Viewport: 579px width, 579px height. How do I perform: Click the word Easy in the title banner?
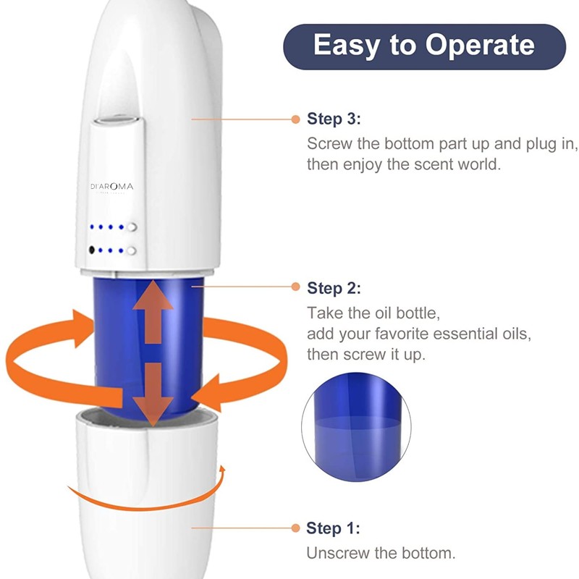[344, 46]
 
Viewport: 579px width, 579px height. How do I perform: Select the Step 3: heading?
[334, 119]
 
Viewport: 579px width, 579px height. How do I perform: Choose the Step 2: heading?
[334, 288]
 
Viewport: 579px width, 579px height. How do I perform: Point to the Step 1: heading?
[334, 528]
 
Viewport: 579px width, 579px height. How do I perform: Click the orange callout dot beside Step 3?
[295, 119]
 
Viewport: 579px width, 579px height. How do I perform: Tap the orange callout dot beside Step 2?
[295, 287]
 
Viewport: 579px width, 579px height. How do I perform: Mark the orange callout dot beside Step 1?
[295, 528]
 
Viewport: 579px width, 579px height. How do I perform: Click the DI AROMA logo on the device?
[112, 187]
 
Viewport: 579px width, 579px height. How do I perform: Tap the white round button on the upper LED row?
[131, 227]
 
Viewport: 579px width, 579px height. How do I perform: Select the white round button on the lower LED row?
[131, 251]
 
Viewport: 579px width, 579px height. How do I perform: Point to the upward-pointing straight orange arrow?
[152, 311]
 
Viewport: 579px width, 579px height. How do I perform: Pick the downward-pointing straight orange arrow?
[153, 394]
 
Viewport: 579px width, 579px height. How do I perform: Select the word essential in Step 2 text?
[447, 334]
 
